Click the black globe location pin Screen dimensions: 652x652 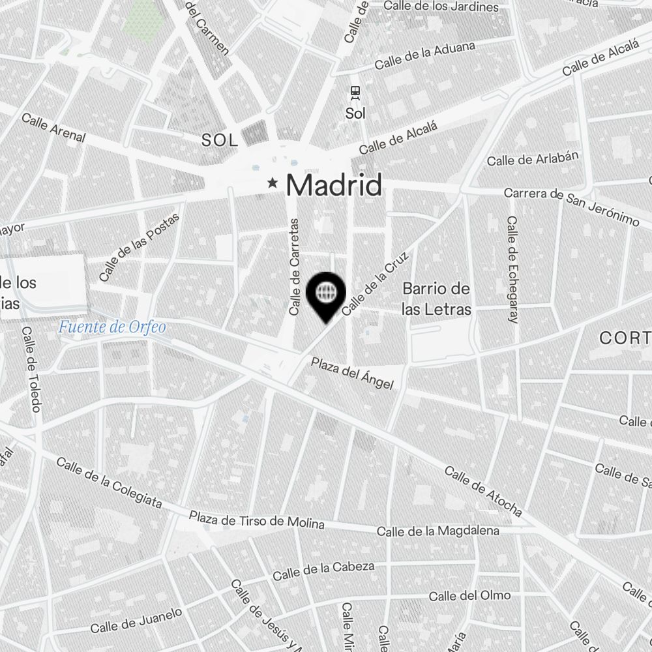click(325, 294)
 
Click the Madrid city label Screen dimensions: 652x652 click(334, 185)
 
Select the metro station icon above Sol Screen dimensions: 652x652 click(355, 93)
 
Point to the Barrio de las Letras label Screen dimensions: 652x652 click(436, 299)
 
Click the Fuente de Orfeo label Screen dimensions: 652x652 click(111, 327)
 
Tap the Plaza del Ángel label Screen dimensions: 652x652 click(352, 374)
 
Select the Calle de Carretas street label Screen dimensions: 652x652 click(294, 267)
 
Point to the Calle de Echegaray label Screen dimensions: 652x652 click(512, 270)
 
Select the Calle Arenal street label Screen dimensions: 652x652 click(53, 127)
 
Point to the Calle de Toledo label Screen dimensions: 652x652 click(31, 369)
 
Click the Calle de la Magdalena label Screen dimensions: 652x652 click(438, 531)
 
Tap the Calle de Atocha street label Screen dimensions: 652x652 click(484, 491)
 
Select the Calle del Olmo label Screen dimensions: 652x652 click(469, 596)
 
